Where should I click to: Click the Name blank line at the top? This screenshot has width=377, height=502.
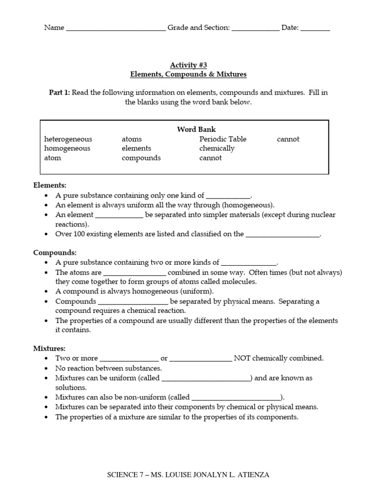[x=115, y=28]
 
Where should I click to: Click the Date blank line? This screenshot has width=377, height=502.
[x=315, y=28]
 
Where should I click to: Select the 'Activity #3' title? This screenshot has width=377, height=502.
[x=188, y=65]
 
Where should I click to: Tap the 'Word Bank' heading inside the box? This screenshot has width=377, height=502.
[x=196, y=129]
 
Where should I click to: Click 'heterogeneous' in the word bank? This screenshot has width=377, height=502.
[x=68, y=139]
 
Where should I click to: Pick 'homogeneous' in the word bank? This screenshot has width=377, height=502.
[x=67, y=149]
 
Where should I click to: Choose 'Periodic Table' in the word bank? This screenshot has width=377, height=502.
[x=223, y=139]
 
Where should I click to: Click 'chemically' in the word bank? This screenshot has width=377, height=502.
[x=217, y=149]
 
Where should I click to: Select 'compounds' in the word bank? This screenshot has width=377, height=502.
[x=141, y=158]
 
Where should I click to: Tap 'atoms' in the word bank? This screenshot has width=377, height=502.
[x=132, y=139]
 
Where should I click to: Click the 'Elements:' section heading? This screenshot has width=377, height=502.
[x=50, y=185]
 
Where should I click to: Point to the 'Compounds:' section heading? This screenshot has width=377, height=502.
[x=55, y=253]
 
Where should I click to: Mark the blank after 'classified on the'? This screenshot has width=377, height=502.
[x=282, y=235]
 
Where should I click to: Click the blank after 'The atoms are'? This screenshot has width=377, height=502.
[x=135, y=273]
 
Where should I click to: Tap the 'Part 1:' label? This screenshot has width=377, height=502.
[x=59, y=93]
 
